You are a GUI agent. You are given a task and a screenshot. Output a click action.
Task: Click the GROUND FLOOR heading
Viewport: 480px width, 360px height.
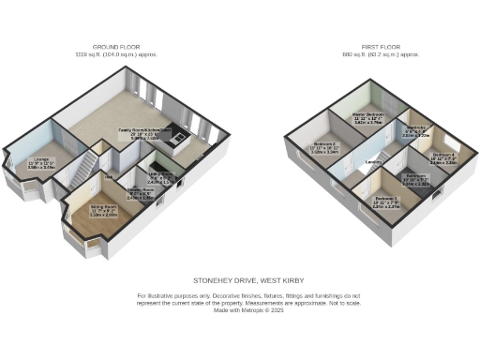(x=115, y=48)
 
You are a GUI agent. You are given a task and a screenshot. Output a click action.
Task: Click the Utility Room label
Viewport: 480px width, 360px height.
(x=160, y=174)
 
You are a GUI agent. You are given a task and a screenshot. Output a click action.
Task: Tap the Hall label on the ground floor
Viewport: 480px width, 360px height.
(x=109, y=176)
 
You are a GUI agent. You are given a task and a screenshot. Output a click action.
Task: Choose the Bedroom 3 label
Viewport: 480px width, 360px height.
(x=384, y=198)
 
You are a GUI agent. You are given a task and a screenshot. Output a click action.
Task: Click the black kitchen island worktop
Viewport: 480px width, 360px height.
(x=174, y=144)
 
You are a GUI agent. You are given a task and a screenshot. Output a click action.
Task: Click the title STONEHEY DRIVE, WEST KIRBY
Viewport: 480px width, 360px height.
(x=239, y=279)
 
